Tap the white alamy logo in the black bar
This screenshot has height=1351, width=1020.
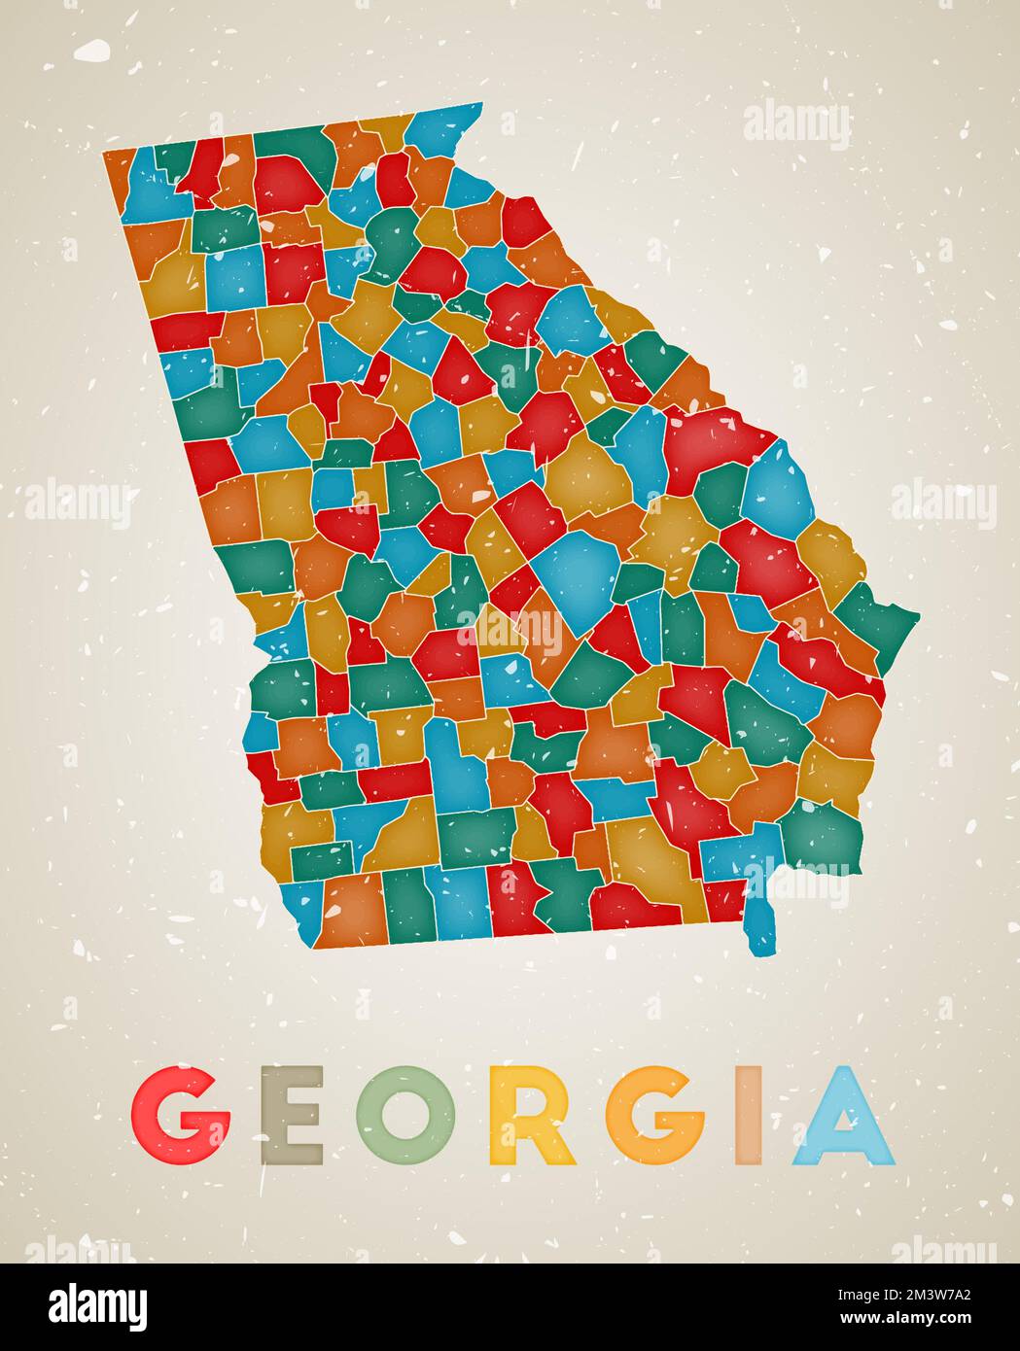(x=99, y=1303)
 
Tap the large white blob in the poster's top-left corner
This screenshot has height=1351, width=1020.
(x=93, y=50)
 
